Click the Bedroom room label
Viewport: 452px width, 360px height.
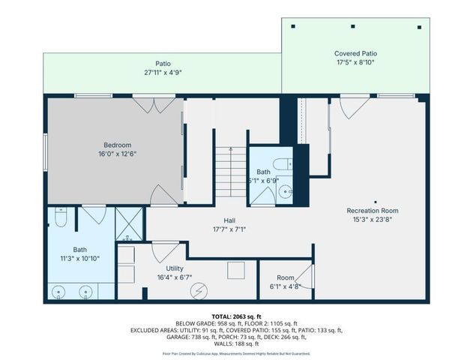point(118,145)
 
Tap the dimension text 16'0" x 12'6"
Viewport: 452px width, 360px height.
point(118,154)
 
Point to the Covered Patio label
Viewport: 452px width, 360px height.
point(355,54)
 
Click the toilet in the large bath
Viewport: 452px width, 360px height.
point(63,219)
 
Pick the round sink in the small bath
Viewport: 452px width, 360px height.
point(284,192)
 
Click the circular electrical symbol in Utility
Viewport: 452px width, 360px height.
point(199,289)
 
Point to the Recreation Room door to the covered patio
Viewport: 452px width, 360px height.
point(351,106)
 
